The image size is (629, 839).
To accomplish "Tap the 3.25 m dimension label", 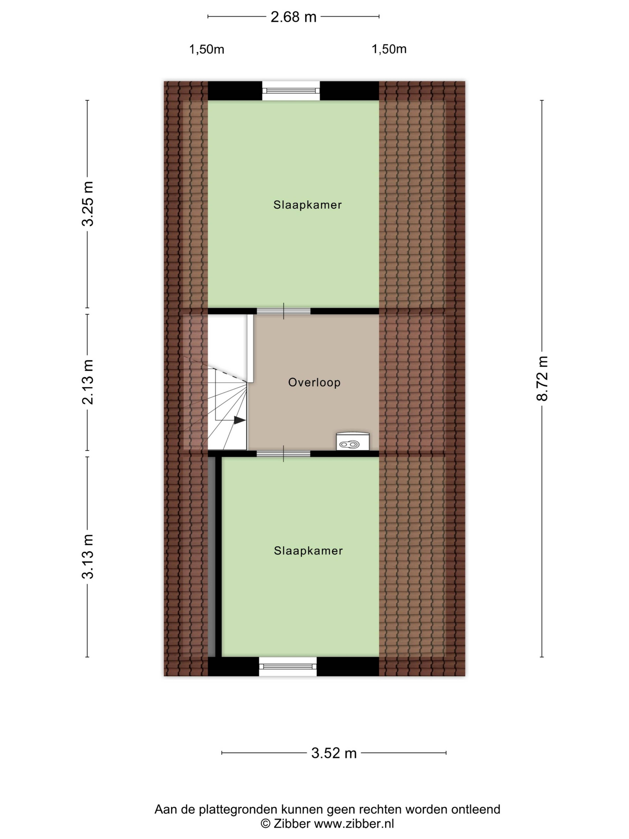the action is pyautogui.click(x=88, y=204).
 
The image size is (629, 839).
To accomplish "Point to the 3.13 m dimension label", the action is pyautogui.click(x=88, y=556).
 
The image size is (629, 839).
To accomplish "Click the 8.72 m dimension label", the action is pyautogui.click(x=542, y=378).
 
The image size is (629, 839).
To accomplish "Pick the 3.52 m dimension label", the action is pyautogui.click(x=334, y=753).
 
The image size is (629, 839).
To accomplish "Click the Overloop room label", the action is pyautogui.click(x=314, y=382).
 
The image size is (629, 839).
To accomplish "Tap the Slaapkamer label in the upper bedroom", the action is pyautogui.click(x=307, y=205).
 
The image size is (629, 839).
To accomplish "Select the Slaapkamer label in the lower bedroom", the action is pyautogui.click(x=308, y=551).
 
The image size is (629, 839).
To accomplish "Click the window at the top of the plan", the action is pyautogui.click(x=291, y=91).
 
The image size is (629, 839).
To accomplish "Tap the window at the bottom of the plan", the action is pyautogui.click(x=288, y=666).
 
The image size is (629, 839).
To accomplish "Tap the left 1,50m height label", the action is pyautogui.click(x=207, y=49).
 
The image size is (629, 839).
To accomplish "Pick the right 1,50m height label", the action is pyautogui.click(x=389, y=49).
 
